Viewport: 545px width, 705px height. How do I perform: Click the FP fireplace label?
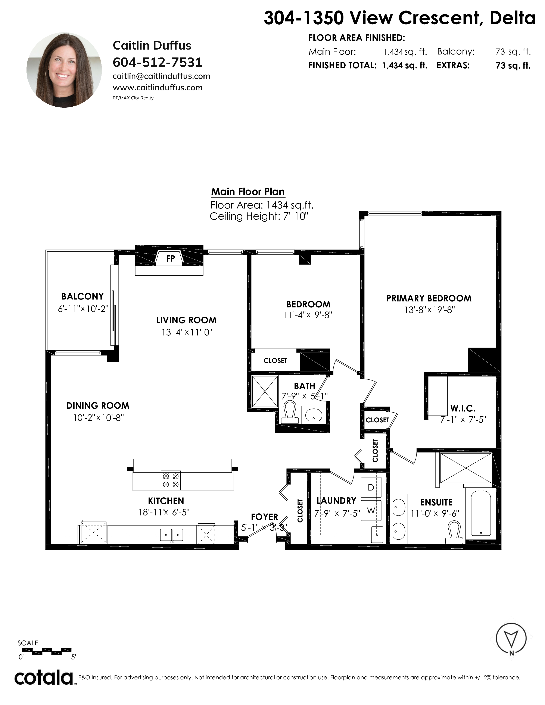click(171, 258)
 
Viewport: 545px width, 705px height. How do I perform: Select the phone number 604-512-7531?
click(158, 62)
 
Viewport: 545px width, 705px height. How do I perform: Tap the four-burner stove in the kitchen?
click(171, 480)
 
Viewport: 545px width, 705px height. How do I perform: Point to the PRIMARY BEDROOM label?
click(429, 298)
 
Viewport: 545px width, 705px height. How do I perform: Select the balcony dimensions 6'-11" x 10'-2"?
click(83, 309)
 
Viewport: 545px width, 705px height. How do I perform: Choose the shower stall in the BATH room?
click(265, 392)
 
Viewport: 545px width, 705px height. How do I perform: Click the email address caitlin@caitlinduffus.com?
click(161, 76)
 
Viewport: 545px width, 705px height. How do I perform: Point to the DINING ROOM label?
click(98, 405)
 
